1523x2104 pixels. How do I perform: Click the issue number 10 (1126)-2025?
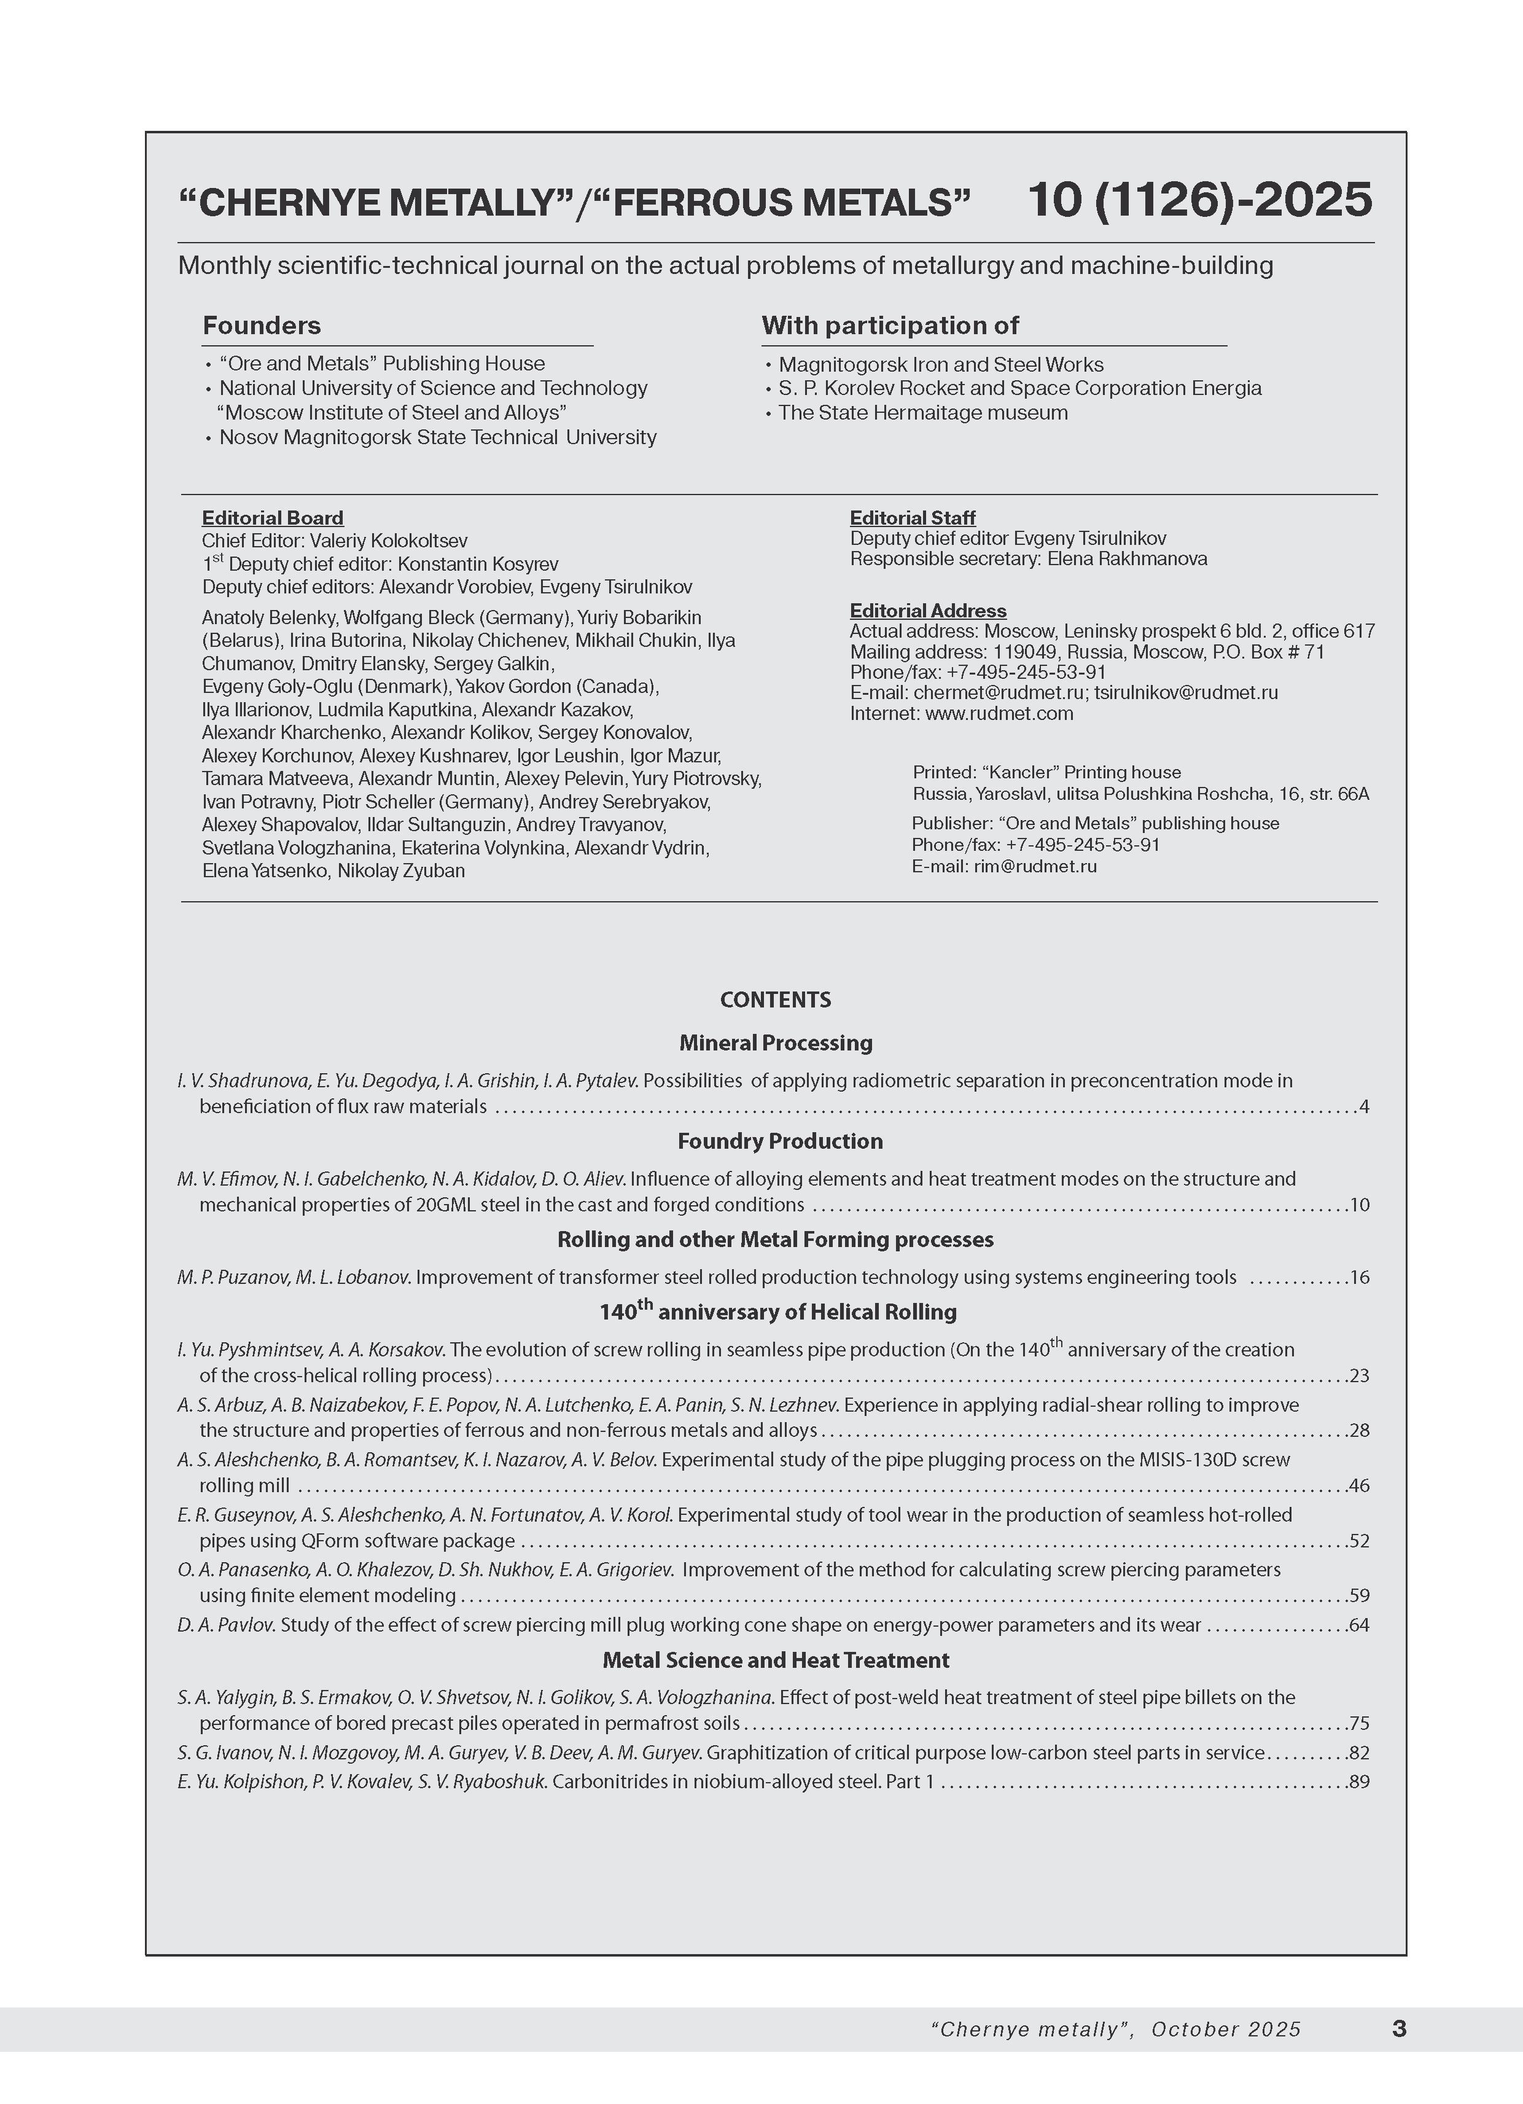[1199, 200]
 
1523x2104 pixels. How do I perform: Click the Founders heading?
[262, 326]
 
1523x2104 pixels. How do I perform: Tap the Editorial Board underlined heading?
[273, 518]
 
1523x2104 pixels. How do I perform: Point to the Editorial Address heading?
[927, 611]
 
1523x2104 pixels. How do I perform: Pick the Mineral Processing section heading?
[776, 1042]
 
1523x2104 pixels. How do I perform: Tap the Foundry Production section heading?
[779, 1141]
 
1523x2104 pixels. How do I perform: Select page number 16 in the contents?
[1359, 1277]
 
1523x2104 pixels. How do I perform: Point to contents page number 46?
[1359, 1486]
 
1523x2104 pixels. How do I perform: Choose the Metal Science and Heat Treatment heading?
[776, 1660]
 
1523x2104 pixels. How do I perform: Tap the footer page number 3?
[1399, 2029]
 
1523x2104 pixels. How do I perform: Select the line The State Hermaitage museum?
[923, 413]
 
